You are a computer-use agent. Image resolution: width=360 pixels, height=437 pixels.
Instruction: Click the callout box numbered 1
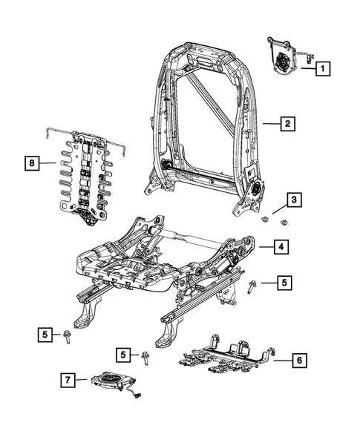(323, 70)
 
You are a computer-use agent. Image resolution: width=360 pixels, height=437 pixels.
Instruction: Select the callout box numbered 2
(285, 125)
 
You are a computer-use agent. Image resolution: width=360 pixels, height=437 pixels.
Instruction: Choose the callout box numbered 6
(297, 360)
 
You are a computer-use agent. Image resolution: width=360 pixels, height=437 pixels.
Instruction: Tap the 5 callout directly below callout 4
(285, 282)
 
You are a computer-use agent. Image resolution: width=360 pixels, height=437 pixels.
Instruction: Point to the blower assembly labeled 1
(285, 63)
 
